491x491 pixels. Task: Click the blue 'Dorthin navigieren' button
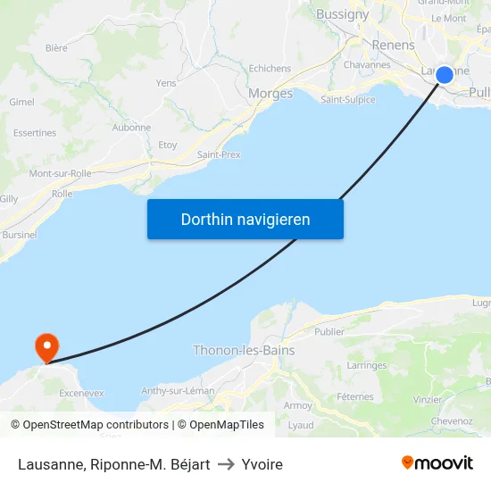245,219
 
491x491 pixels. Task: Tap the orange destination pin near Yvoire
46,346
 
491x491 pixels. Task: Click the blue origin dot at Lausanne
444,75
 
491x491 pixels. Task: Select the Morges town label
270,93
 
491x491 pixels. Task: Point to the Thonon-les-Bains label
244,350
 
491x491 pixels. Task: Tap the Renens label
393,45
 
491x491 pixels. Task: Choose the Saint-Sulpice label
348,99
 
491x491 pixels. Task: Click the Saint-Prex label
219,154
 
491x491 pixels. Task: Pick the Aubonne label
131,128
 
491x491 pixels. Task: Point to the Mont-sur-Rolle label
61,173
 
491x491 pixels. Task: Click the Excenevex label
81,392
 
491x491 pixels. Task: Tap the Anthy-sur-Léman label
177,391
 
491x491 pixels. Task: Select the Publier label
329,331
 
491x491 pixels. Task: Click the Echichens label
270,68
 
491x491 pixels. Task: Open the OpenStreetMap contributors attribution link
96,425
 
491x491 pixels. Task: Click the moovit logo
437,462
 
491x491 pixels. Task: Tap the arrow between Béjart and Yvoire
226,464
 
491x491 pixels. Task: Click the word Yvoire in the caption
262,464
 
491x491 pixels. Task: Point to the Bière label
56,48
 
